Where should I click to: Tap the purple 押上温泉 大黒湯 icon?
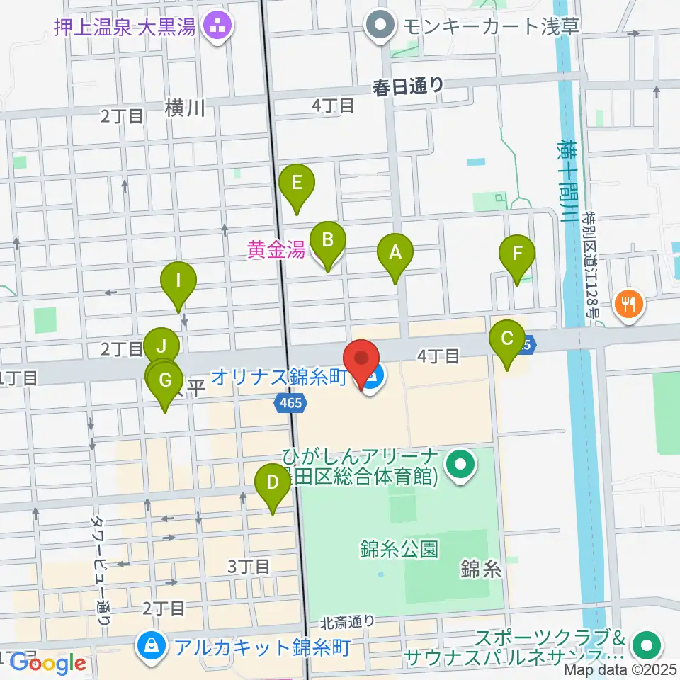tap(212, 28)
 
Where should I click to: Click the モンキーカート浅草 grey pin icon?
tap(381, 27)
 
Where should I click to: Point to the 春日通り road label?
tap(409, 86)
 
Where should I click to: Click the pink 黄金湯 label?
tap(276, 249)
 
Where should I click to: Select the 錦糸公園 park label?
tap(399, 548)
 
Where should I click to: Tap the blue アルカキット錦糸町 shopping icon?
tap(152, 645)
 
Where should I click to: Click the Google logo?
tap(47, 663)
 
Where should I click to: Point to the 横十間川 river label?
tap(566, 181)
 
